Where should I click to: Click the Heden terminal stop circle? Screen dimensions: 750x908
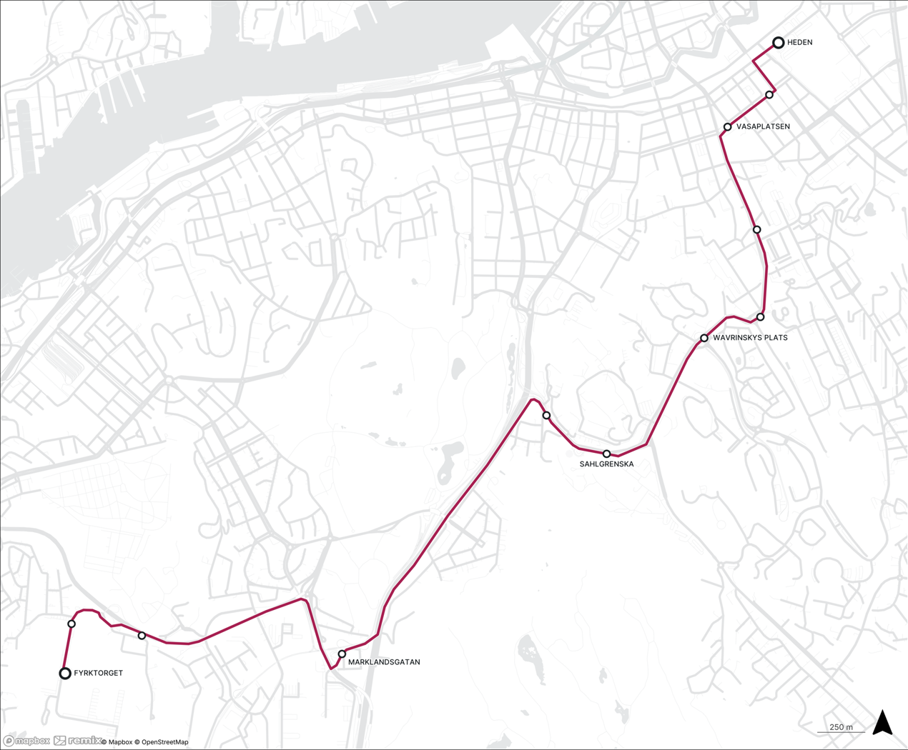click(778, 43)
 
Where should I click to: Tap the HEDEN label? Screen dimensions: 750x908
click(799, 43)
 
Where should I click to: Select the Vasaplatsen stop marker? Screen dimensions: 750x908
click(727, 127)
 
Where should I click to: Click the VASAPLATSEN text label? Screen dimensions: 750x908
click(763, 126)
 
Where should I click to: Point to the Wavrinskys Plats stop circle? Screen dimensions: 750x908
click(704, 338)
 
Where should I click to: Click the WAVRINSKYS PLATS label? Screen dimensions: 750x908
click(750, 338)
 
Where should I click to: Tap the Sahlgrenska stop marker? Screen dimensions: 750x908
click(606, 454)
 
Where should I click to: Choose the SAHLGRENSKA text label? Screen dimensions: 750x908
click(606, 464)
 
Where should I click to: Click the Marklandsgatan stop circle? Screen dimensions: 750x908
click(342, 654)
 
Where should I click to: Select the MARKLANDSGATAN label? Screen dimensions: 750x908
click(384, 662)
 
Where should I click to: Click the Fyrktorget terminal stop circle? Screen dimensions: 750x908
click(65, 673)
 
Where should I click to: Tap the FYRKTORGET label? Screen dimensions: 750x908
click(99, 673)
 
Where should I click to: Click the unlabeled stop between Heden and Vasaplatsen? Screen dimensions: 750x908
click(769, 95)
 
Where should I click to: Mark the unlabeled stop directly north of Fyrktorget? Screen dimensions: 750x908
click(71, 624)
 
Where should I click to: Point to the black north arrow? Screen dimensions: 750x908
click(883, 723)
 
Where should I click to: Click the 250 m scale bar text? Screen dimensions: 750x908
click(841, 727)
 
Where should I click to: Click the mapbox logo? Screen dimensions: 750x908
click(26, 741)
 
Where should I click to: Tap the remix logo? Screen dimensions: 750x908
click(78, 741)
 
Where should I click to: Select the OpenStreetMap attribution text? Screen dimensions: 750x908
click(164, 742)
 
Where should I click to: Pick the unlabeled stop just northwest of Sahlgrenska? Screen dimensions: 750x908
click(546, 416)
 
